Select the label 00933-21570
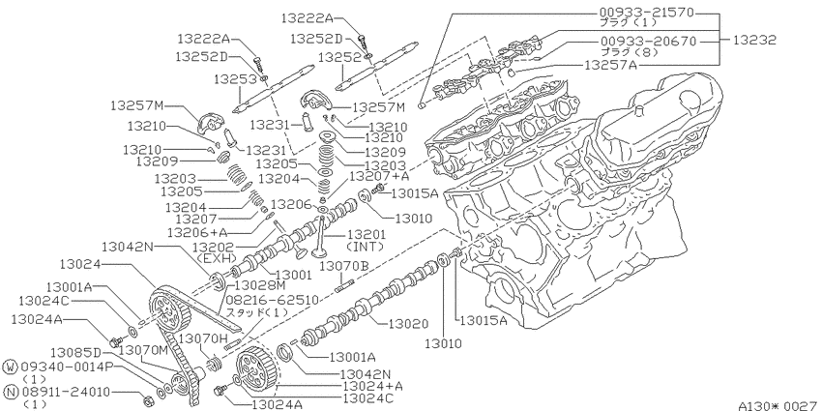[x=647, y=12]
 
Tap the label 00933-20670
[x=649, y=41]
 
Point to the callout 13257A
[x=610, y=66]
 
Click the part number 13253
[x=235, y=79]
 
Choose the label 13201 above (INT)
[x=367, y=234]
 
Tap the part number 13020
[x=408, y=325]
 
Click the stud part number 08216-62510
[x=272, y=300]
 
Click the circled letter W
[x=11, y=366]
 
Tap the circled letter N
[x=11, y=392]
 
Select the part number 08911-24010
[x=67, y=391]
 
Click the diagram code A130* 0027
[x=778, y=405]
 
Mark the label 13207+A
[x=379, y=177]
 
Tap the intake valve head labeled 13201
[x=320, y=252]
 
